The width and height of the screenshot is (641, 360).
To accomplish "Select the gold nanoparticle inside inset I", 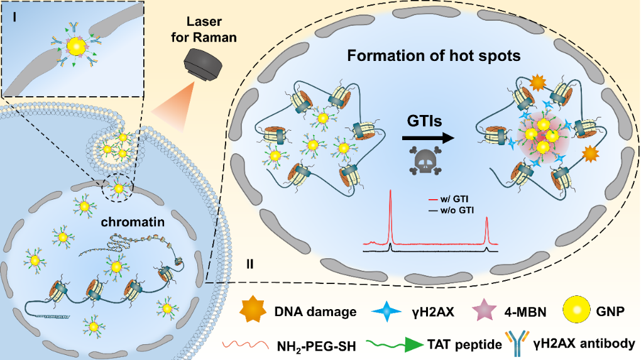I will coord(76,48).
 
